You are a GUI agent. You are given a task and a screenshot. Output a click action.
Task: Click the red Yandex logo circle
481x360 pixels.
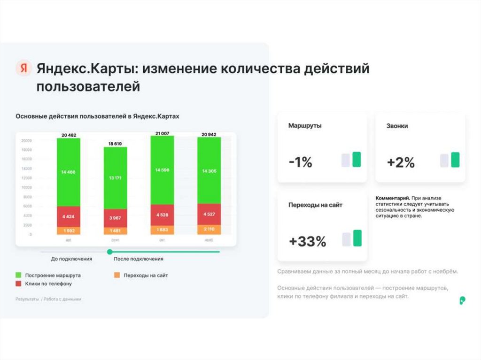coord(23,69)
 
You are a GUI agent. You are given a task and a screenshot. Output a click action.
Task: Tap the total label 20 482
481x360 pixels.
coord(69,135)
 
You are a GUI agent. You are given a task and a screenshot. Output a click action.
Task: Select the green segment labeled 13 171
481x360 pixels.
coord(116,178)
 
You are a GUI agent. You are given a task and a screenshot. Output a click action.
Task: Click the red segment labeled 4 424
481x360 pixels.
coord(69,217)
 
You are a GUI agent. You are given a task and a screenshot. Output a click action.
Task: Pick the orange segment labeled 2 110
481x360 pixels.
coord(209,230)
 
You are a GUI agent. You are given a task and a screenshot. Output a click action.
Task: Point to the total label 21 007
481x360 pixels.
coord(162,133)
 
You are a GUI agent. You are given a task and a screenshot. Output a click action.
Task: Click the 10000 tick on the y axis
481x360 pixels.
coord(26,187)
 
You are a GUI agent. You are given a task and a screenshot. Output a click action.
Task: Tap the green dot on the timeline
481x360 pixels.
coord(110,252)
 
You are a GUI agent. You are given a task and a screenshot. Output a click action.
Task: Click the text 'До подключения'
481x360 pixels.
coord(72,259)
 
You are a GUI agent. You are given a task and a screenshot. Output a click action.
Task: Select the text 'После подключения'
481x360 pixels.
coord(139,259)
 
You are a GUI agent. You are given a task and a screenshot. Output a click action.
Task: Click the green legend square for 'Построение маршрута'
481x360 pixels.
coord(19,276)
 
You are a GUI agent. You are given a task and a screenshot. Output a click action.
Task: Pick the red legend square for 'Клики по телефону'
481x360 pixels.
coord(19,284)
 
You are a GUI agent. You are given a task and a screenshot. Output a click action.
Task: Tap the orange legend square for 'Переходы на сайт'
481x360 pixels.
coord(117,276)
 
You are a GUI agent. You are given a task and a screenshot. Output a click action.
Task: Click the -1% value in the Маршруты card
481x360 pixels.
coord(300,162)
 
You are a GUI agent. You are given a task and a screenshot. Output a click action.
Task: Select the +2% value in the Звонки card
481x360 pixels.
coord(401,162)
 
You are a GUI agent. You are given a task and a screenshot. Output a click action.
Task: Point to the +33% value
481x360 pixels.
coord(307,241)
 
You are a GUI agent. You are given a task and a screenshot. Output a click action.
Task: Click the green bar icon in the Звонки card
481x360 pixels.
coord(455,160)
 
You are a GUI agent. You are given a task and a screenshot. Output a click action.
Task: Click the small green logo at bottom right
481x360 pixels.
coord(463,300)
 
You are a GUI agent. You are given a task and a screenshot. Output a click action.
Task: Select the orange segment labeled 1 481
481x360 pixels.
coord(116,230)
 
